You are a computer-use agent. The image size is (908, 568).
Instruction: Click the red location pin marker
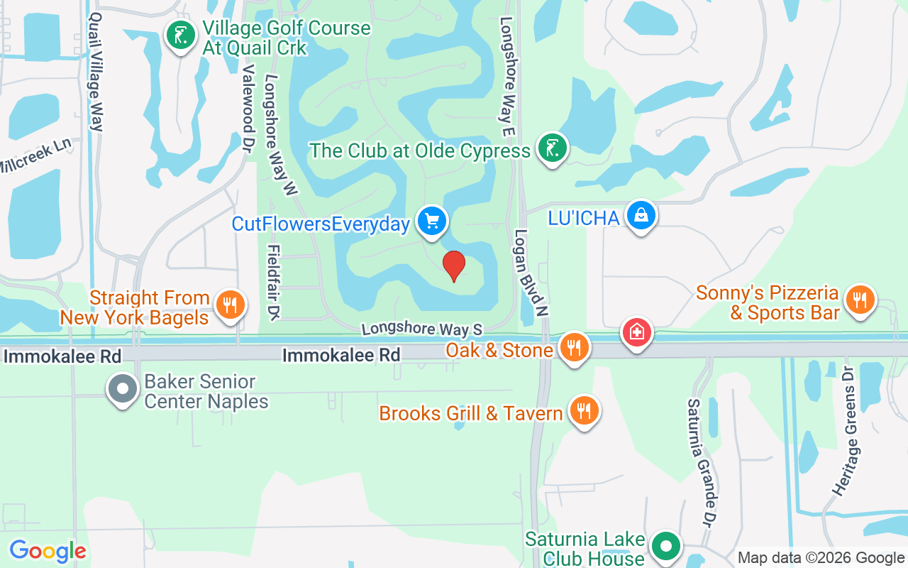click(453, 266)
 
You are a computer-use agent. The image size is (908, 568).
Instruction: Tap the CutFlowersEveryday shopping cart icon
click(431, 222)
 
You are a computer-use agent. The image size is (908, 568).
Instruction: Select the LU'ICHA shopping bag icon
click(641, 215)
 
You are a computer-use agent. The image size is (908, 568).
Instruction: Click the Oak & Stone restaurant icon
click(574, 348)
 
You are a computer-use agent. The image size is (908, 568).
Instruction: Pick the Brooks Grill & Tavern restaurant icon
click(584, 411)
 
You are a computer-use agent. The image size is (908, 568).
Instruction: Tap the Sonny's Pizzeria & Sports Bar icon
click(860, 300)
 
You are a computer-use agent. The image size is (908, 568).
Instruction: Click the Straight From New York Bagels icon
click(229, 305)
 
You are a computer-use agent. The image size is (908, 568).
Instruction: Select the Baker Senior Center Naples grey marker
click(123, 389)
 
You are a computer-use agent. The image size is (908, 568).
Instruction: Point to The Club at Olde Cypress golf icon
click(553, 148)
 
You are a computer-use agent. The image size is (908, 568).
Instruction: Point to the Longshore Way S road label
click(421, 329)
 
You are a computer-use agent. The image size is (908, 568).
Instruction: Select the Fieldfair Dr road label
click(272, 281)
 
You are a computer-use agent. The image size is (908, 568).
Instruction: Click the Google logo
click(48, 551)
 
